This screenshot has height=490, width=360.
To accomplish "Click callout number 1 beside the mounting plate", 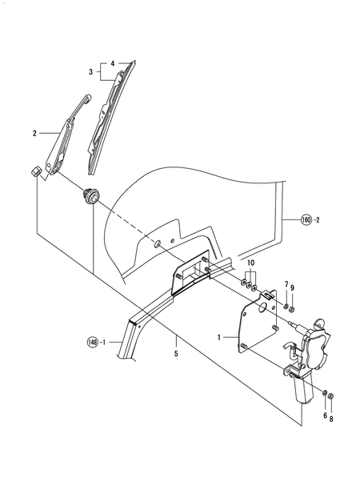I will coord(219,337).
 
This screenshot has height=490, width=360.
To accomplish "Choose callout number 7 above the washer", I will coord(286,285).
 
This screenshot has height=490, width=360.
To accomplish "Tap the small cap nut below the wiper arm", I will coord(36,172).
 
